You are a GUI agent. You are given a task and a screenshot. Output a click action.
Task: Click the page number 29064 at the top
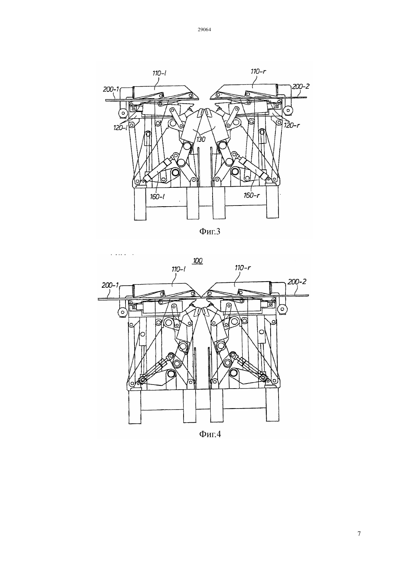(x=204, y=30)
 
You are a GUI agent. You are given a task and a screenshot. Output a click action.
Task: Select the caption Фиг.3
(x=210, y=231)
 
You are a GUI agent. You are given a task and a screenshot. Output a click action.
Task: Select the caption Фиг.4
(x=210, y=434)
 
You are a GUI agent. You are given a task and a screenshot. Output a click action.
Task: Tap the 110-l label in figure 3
(x=159, y=73)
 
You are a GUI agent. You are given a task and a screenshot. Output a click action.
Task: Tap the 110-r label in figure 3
(x=258, y=71)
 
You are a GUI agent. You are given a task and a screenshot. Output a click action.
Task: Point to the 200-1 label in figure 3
(x=111, y=89)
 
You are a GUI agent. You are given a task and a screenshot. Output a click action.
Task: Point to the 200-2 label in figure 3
(x=300, y=87)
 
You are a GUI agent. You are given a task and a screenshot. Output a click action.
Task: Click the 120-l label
(x=121, y=128)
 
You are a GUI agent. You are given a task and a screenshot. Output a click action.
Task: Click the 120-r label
(x=292, y=125)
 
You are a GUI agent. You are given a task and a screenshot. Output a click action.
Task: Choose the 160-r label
(x=252, y=195)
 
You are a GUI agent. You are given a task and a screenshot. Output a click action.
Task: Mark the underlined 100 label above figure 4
(x=198, y=261)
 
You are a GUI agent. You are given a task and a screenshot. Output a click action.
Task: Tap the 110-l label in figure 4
(x=179, y=269)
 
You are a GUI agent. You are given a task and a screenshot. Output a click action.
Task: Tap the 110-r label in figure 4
(x=243, y=268)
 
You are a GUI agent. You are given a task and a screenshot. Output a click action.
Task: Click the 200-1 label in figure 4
(x=110, y=285)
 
